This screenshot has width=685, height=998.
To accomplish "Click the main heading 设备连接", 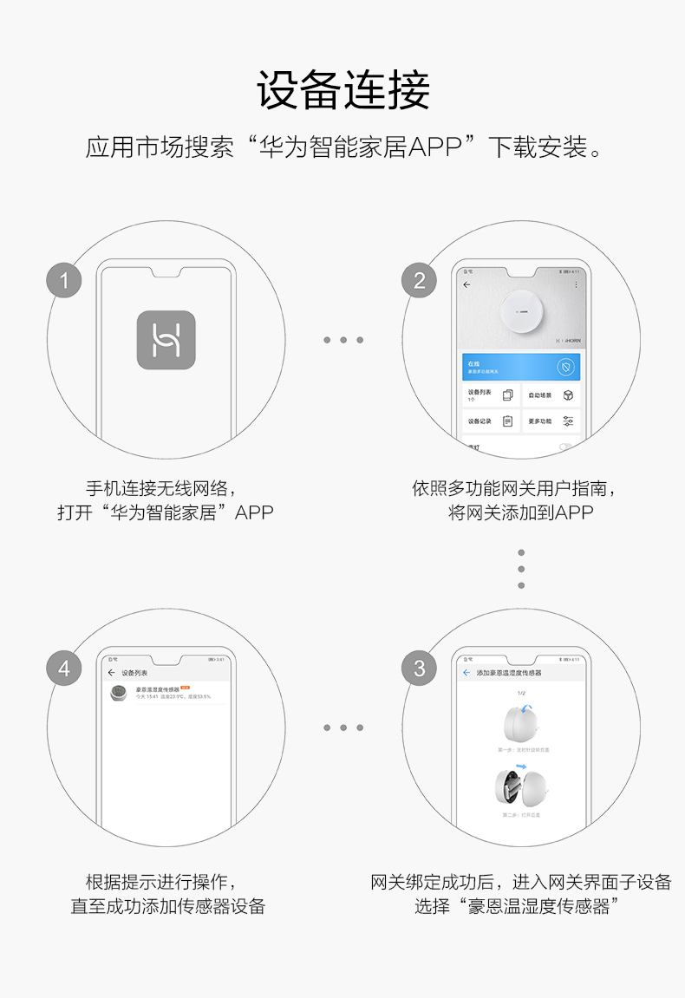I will click(x=343, y=91).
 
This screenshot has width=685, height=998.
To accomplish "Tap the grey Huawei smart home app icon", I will click(x=166, y=340).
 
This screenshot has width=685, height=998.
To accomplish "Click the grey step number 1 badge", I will click(x=64, y=280).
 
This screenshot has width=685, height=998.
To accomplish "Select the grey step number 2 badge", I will click(x=420, y=280).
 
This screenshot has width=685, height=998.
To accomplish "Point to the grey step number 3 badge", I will click(x=420, y=669).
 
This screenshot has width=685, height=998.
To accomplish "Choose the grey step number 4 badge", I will click(x=64, y=669).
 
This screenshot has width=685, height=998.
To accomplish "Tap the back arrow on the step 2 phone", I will click(x=466, y=284).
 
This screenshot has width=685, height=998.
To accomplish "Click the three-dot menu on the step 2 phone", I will click(x=576, y=284).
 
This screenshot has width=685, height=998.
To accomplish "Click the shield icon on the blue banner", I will click(x=564, y=367).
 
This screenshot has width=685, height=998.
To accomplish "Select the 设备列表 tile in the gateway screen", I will click(x=491, y=395).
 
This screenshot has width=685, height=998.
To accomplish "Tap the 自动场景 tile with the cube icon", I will click(x=551, y=395).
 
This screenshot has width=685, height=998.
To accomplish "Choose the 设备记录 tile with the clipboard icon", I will click(x=491, y=421).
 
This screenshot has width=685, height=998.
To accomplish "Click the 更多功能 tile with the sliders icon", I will click(x=551, y=421).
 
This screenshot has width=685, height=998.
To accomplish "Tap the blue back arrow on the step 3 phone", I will click(x=466, y=672).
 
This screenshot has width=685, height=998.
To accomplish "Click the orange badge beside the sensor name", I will click(x=185, y=687).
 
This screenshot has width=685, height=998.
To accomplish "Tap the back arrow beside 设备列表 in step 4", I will click(x=111, y=672).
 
